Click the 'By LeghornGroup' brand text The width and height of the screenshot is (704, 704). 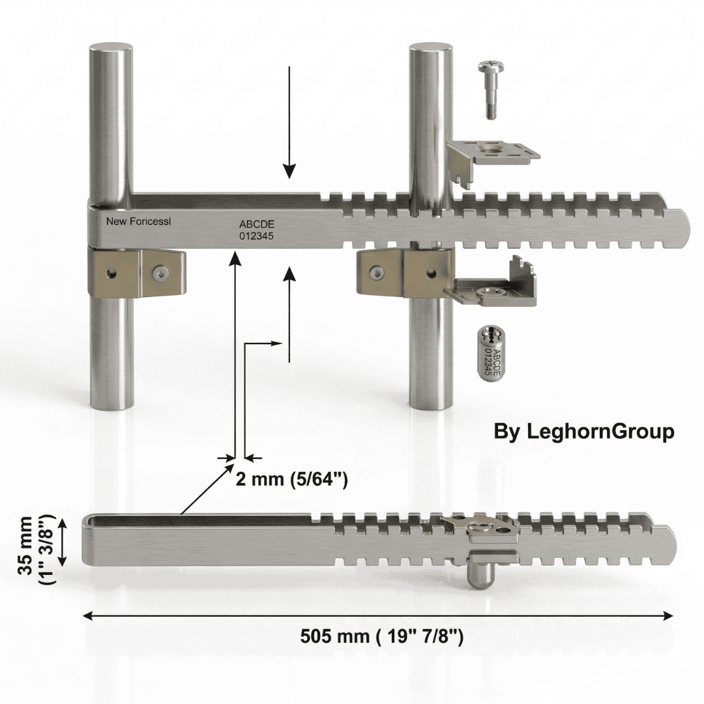click(x=583, y=432)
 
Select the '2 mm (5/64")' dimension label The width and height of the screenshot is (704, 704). click(x=291, y=479)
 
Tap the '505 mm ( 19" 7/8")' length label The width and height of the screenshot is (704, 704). click(x=382, y=636)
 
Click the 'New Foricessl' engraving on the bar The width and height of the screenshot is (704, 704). click(x=138, y=222)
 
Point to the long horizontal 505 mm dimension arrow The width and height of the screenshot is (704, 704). click(x=377, y=615)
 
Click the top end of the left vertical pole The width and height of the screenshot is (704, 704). click(x=111, y=49)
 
